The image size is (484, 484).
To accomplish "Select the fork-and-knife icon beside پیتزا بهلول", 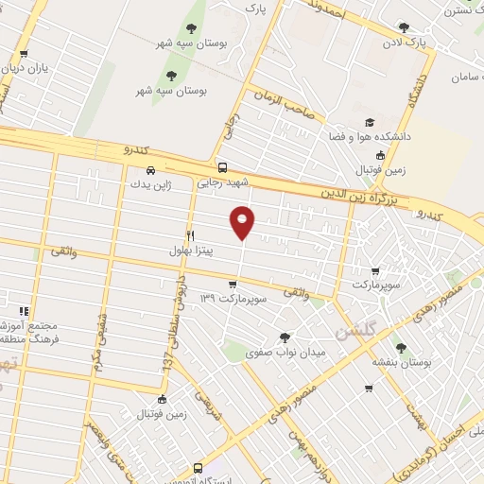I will [190, 234].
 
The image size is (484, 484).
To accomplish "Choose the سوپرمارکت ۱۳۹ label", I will [234, 299].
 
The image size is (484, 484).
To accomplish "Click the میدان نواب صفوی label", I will [285, 353].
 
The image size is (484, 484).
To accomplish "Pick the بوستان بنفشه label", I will [400, 362].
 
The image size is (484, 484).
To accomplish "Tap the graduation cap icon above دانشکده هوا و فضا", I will [370, 123].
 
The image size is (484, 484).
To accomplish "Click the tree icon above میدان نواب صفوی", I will [286, 337].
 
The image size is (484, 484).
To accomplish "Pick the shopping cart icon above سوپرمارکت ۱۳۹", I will [233, 284].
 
